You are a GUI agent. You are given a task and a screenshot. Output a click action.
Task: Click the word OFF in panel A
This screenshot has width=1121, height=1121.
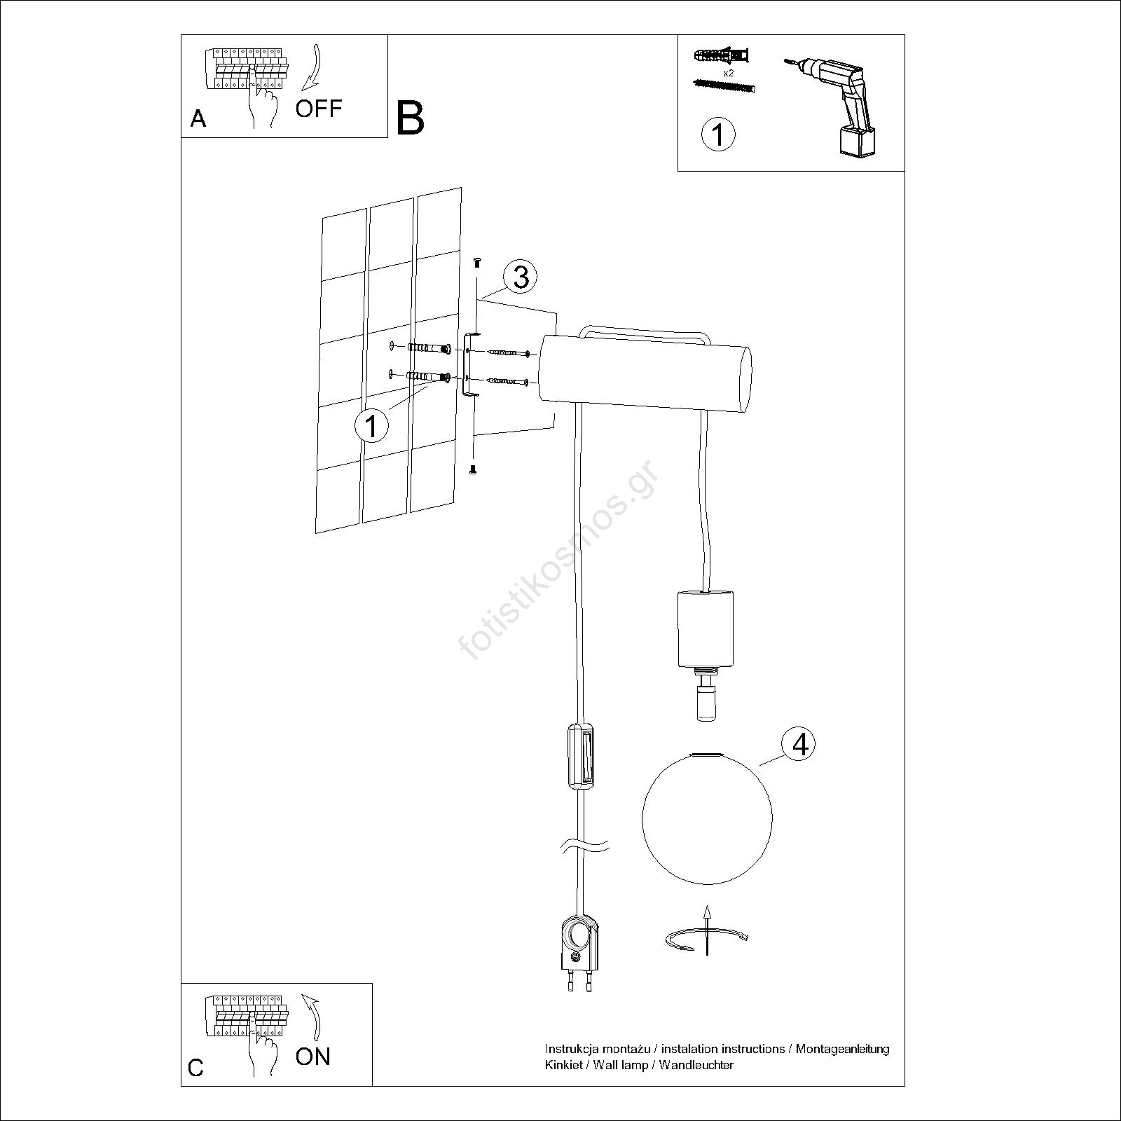tap(319, 109)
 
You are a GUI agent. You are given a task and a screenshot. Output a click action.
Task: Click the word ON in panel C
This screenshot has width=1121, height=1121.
tap(312, 1057)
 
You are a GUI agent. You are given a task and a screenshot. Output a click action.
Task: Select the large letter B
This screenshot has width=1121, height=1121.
tap(410, 118)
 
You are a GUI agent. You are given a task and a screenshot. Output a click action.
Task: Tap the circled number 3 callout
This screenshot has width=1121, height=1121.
tap(521, 277)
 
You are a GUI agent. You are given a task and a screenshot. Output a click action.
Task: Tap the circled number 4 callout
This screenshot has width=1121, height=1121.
tap(800, 745)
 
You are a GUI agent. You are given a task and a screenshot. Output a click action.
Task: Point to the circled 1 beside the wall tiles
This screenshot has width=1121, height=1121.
tap(371, 425)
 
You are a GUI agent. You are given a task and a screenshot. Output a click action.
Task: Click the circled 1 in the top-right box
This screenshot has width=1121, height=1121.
tap(718, 133)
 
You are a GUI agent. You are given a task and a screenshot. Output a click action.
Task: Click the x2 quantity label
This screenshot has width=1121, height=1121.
tap(729, 73)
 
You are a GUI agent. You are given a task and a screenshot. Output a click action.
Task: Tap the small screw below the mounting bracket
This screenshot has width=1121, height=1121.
tap(473, 470)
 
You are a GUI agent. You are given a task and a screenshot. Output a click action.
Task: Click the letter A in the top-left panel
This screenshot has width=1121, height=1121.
tap(198, 119)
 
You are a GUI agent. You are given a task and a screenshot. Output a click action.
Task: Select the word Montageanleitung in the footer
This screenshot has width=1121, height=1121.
tap(841, 1068)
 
